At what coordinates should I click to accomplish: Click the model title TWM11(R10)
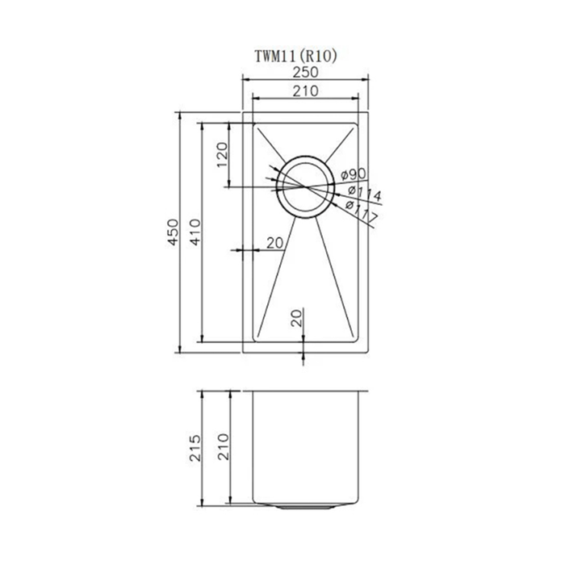coord(296,56)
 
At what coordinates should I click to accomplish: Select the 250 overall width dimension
coord(306,73)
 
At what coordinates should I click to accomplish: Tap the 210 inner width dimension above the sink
coord(306,90)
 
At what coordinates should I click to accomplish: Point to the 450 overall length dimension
coord(174,232)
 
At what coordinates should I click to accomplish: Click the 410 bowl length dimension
coord(195,232)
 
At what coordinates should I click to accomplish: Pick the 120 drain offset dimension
coord(222,155)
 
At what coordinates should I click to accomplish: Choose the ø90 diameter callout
coord(354,175)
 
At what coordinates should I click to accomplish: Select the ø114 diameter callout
coord(365,193)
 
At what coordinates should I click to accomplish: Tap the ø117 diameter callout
coord(362,211)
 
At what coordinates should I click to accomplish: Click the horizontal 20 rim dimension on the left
coord(275,243)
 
